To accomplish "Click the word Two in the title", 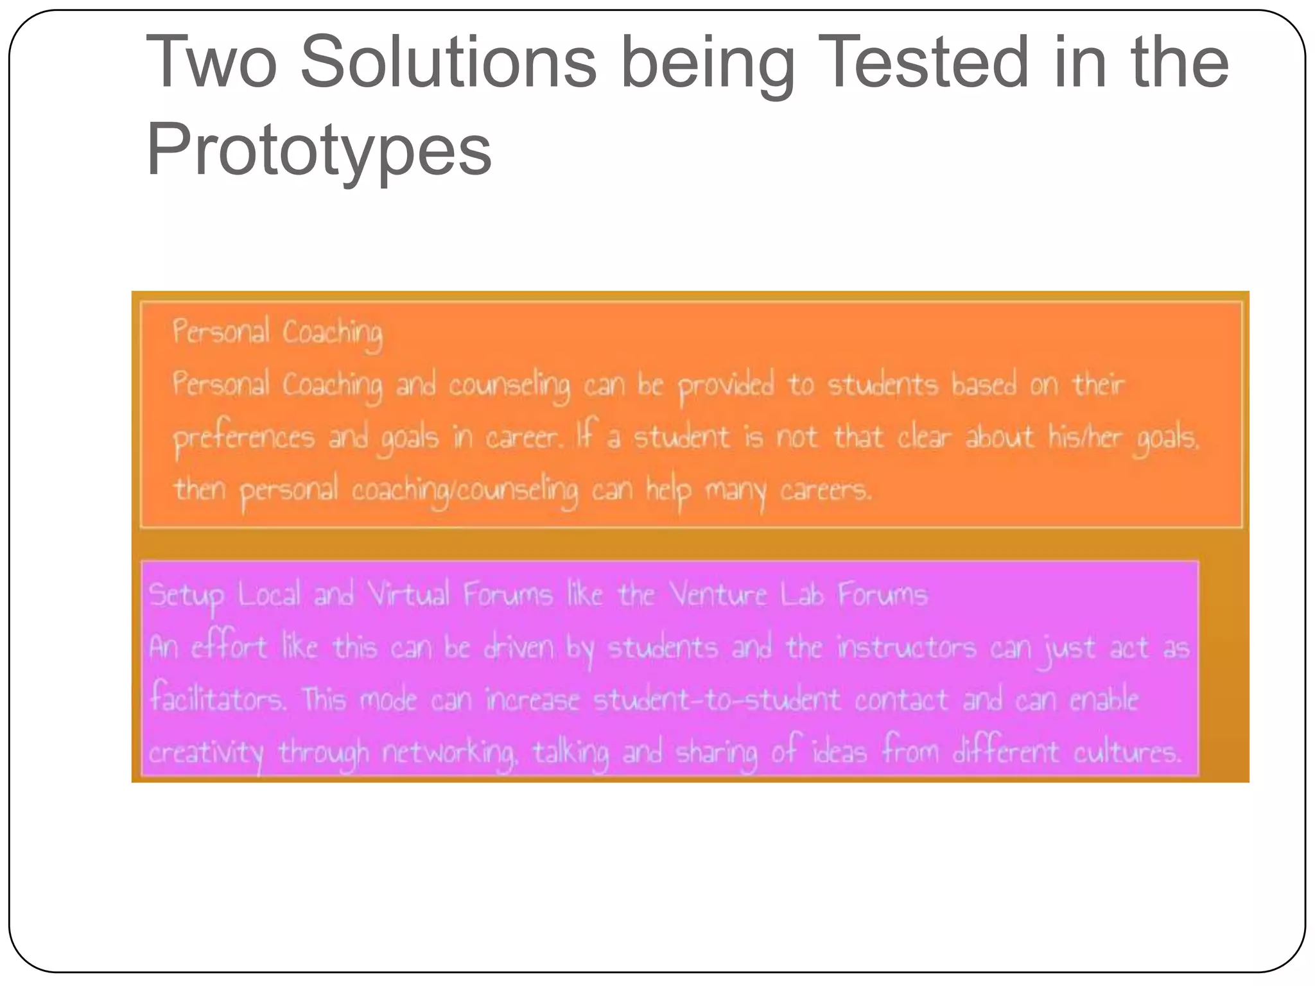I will [x=212, y=63].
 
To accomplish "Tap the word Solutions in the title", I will [x=448, y=63].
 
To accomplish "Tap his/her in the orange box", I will [x=1086, y=437].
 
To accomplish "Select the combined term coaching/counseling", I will [x=464, y=491].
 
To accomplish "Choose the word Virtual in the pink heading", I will [x=408, y=594].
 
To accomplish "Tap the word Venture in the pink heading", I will [x=719, y=594].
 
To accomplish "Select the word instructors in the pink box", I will [x=906, y=647].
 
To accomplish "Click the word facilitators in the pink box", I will [x=218, y=699].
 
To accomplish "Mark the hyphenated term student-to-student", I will [x=716, y=699].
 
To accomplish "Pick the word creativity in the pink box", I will [x=206, y=753].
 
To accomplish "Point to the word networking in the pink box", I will [x=449, y=753].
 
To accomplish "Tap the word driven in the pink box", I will [x=518, y=647].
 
